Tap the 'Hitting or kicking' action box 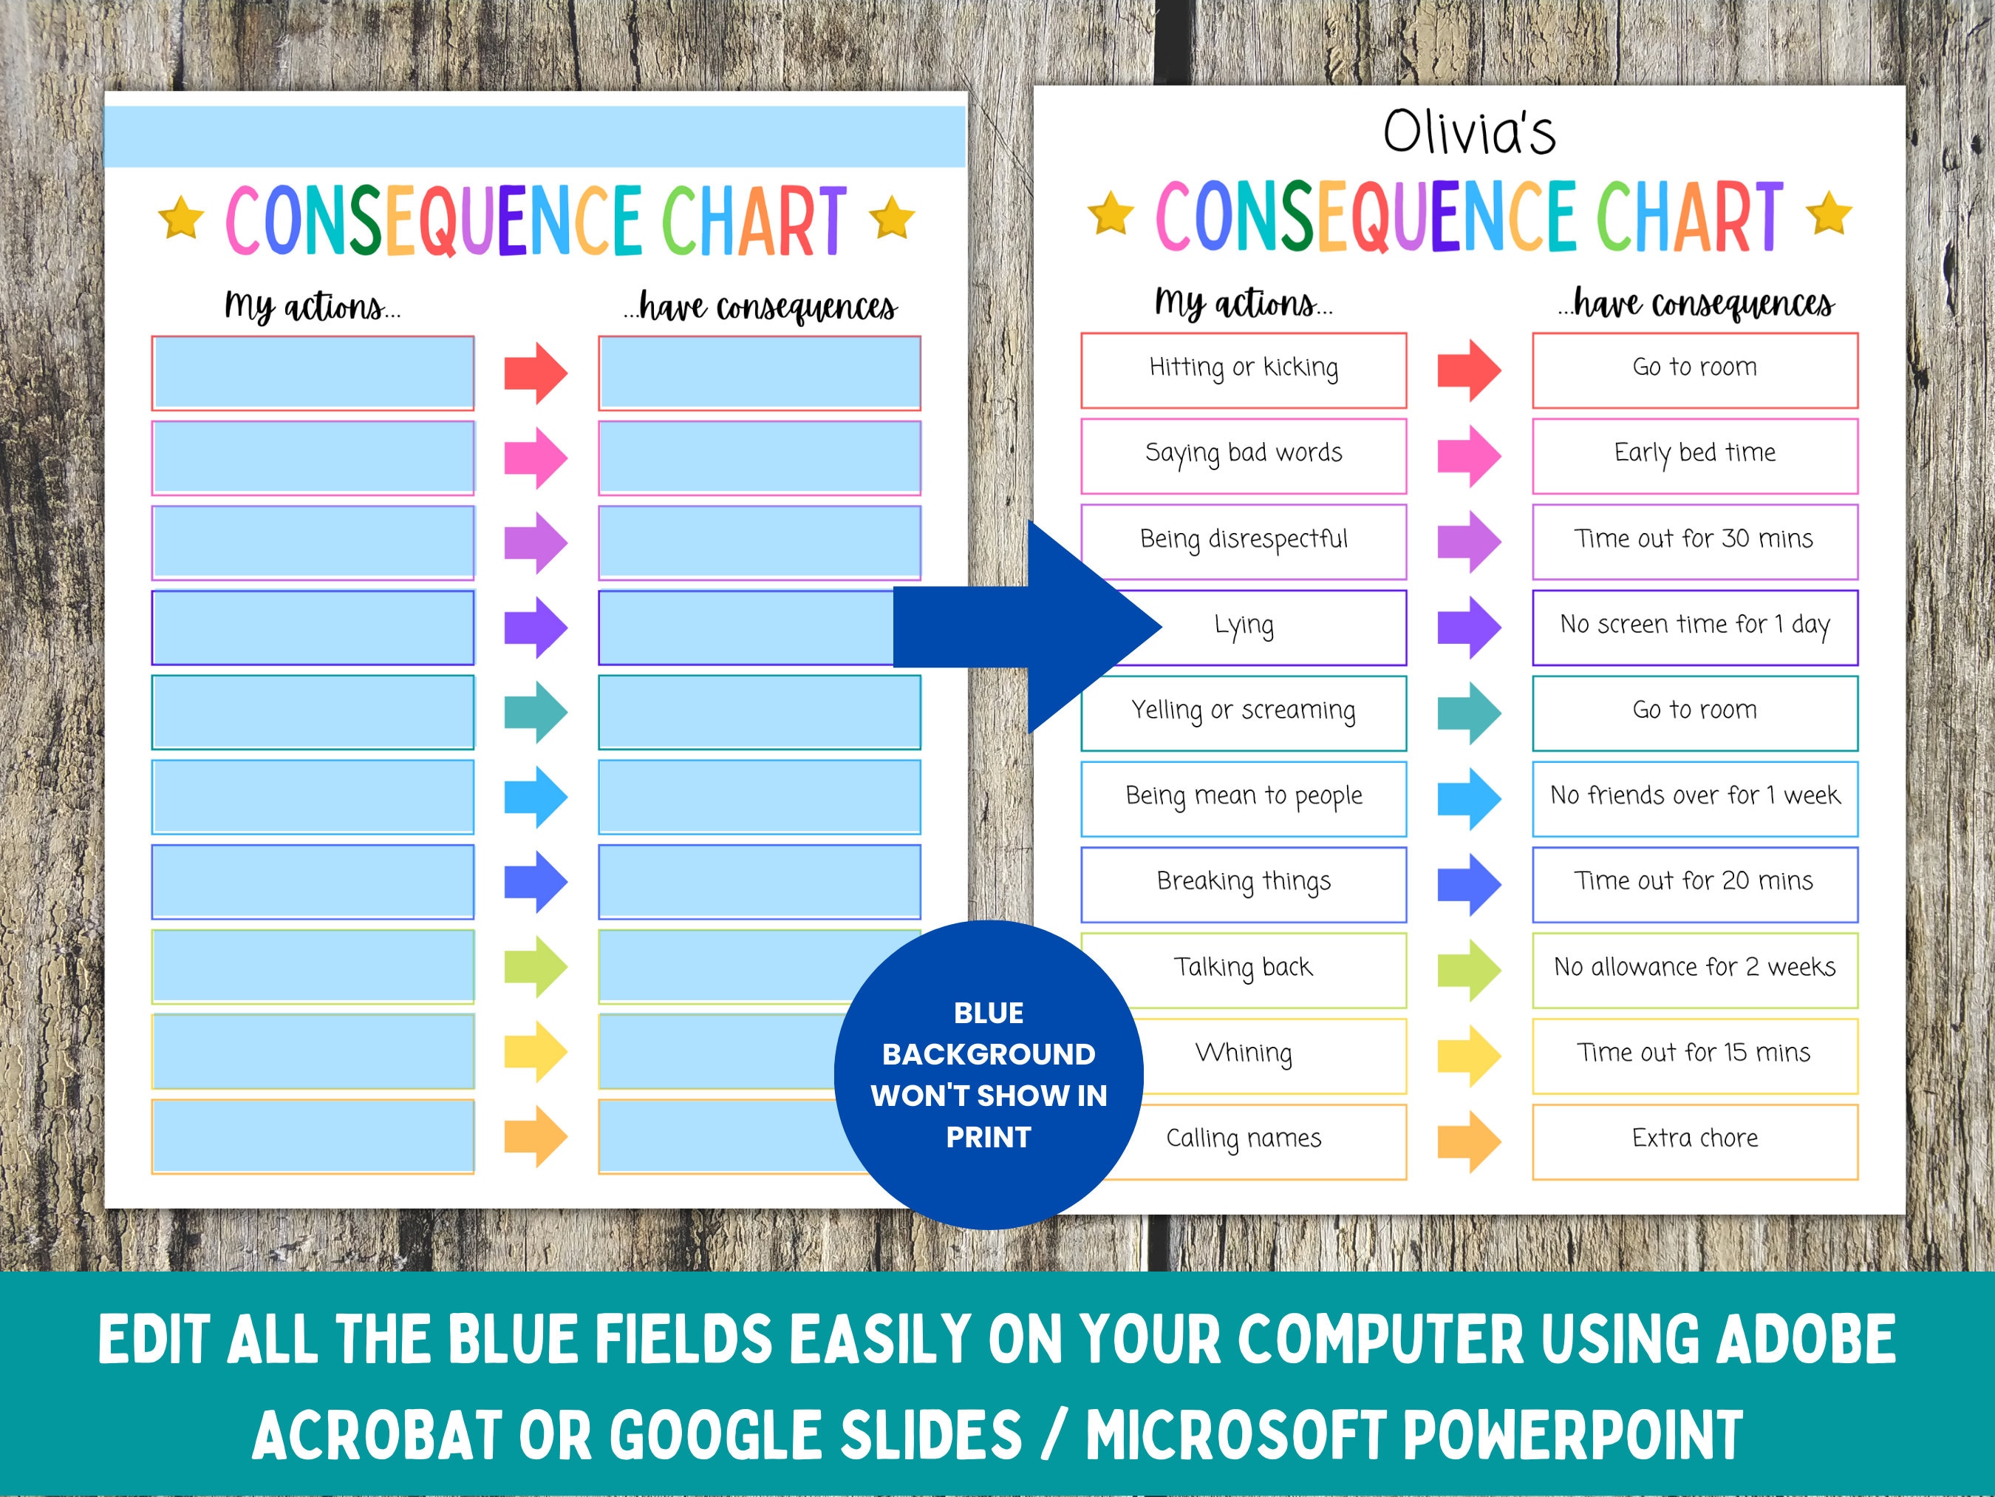(x=1243, y=369)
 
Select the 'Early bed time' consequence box (x=1695, y=455)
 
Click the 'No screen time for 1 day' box (x=1695, y=626)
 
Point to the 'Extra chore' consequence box (x=1695, y=1141)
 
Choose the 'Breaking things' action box (x=1243, y=883)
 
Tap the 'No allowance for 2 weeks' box (x=1695, y=969)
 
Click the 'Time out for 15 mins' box (x=1695, y=1055)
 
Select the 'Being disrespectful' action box (x=1243, y=540)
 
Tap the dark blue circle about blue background (x=989, y=1075)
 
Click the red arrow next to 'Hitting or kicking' (x=1468, y=370)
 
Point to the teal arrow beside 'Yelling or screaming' (x=1468, y=713)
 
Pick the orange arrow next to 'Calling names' (x=1468, y=1141)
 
